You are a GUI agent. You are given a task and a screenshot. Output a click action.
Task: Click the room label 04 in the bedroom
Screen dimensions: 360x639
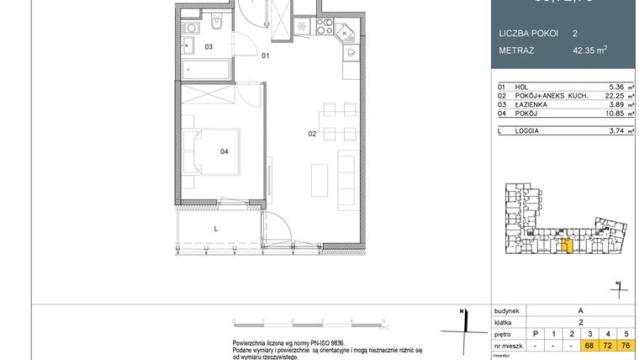224,152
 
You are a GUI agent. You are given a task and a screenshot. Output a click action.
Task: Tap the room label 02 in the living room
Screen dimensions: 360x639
311,134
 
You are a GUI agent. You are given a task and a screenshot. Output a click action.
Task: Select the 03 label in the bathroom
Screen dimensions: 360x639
209,47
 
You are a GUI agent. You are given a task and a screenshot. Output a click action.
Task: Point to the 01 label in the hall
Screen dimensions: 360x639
265,56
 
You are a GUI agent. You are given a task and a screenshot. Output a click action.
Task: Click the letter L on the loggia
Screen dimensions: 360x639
216,228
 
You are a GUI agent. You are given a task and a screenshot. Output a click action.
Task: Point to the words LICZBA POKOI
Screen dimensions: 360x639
527,34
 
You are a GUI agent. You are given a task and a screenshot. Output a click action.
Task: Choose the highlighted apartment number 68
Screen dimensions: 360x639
590,346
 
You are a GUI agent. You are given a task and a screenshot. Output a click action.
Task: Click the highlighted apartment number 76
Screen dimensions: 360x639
626,346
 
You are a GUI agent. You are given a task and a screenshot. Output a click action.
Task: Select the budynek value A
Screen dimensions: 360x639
581,310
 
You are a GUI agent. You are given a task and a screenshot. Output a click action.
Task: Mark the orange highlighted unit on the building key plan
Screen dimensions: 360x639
568,246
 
